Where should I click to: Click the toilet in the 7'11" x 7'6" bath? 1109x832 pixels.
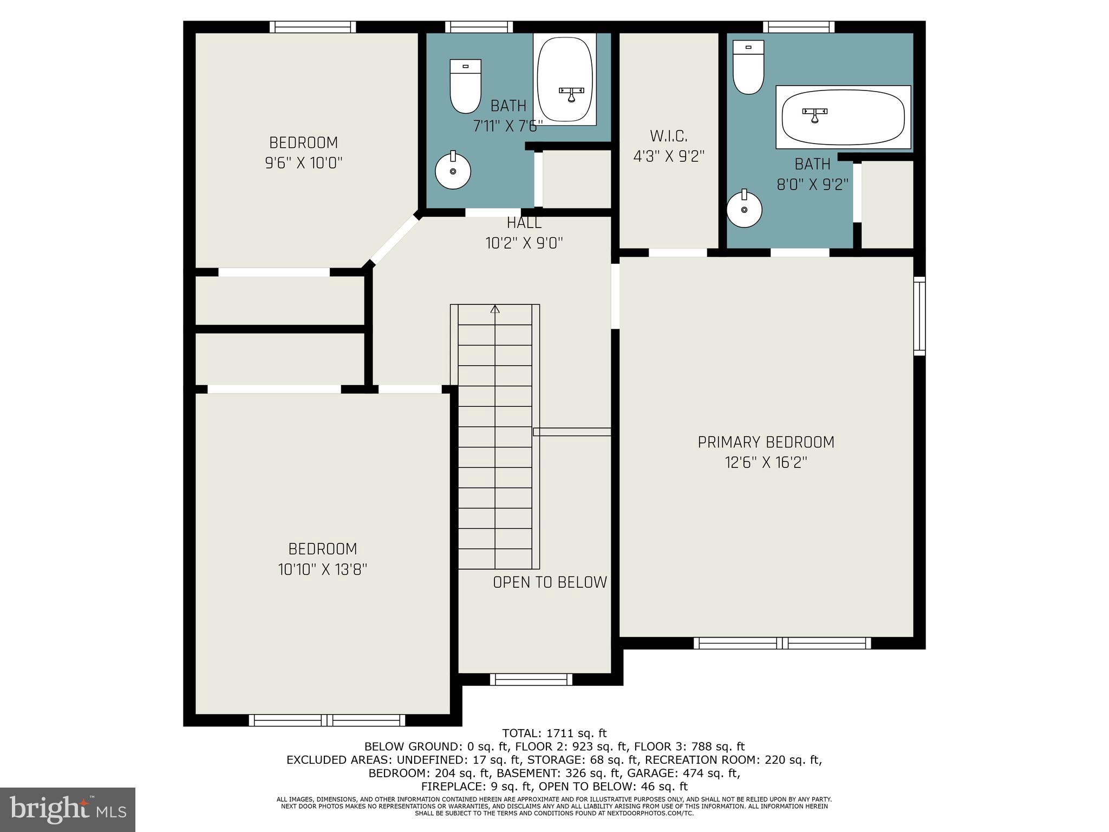click(466, 87)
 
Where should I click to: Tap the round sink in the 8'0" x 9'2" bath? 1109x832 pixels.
click(744, 209)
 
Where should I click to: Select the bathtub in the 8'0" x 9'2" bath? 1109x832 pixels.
click(843, 117)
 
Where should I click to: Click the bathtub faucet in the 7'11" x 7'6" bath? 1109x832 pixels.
click(571, 94)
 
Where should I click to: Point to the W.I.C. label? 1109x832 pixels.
click(669, 135)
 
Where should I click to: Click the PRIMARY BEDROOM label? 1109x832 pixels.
click(766, 443)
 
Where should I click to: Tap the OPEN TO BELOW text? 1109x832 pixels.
click(550, 582)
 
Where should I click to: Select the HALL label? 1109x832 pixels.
click(524, 223)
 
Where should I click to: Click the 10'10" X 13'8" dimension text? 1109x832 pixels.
click(323, 569)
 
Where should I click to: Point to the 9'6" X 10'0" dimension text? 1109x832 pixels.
click(304, 163)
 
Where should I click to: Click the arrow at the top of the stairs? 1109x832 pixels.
click(495, 309)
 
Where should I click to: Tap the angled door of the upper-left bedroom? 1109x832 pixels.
click(394, 239)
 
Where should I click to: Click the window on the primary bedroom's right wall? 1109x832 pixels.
click(919, 316)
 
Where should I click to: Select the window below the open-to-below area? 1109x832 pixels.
click(531, 679)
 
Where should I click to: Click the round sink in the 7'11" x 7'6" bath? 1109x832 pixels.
click(453, 171)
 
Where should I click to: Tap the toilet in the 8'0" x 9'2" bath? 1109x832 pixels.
click(748, 67)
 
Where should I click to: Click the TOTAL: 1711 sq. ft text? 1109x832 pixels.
click(554, 733)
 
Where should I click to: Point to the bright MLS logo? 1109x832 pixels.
click(68, 809)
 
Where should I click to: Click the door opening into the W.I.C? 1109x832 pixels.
click(678, 252)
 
